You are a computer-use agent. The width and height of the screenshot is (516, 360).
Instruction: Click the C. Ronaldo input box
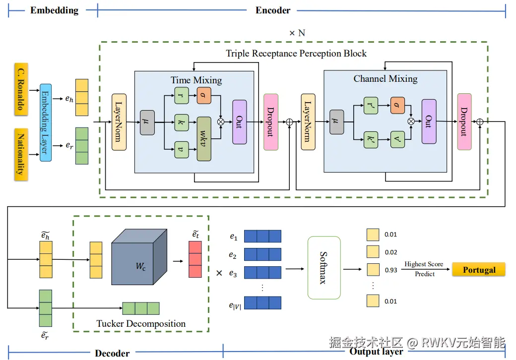(x=21, y=89)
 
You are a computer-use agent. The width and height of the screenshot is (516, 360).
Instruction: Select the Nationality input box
(x=21, y=154)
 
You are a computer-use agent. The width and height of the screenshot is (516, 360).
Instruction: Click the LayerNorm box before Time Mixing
(x=119, y=122)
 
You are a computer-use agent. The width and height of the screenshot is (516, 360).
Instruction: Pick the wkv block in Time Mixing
(x=204, y=139)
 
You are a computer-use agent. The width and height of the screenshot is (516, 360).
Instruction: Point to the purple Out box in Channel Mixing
(x=429, y=121)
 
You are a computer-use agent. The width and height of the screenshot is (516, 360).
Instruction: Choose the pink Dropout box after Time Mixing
(x=271, y=121)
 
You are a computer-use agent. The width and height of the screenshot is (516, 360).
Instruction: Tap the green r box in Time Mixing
(x=182, y=95)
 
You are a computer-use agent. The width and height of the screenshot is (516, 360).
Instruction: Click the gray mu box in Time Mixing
(x=147, y=122)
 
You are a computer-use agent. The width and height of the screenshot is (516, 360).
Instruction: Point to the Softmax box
(x=324, y=268)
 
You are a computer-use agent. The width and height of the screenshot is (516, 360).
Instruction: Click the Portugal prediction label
(x=479, y=270)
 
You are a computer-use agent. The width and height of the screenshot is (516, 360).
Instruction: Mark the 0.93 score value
(x=391, y=270)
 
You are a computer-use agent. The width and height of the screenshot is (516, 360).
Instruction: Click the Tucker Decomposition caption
(x=141, y=324)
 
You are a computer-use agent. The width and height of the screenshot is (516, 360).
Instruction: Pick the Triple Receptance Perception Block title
(x=296, y=53)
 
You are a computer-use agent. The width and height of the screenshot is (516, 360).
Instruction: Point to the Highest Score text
(x=424, y=264)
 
